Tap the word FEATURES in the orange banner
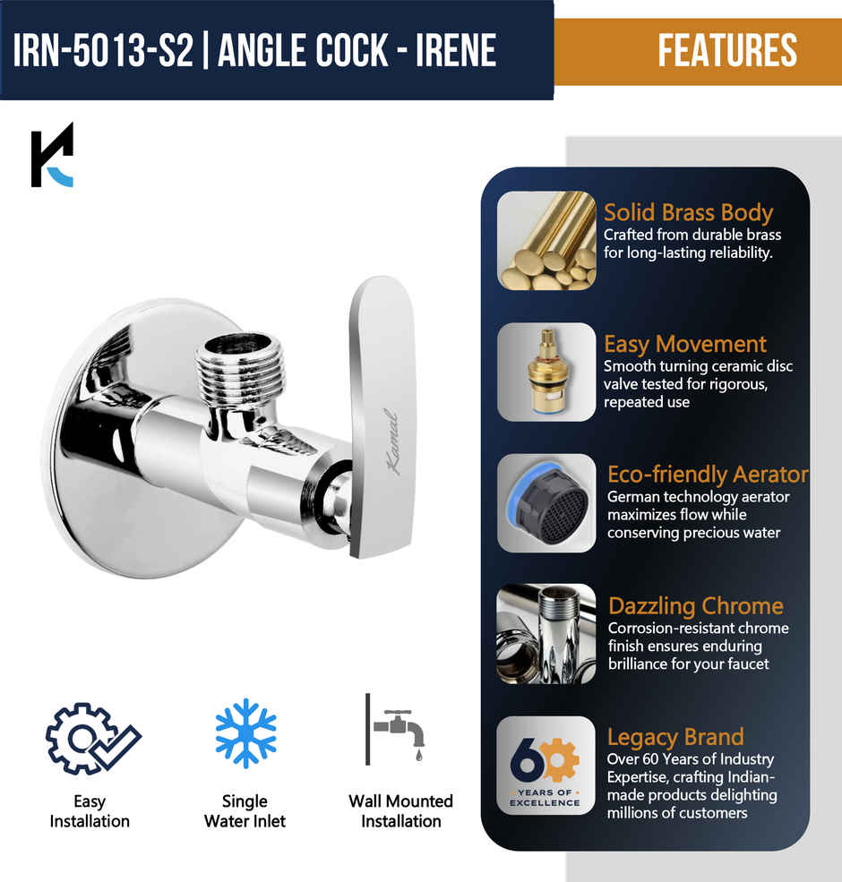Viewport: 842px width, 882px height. (727, 50)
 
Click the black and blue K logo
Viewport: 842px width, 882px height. (52, 155)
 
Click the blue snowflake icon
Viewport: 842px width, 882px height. (245, 733)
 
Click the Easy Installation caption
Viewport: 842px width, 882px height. (90, 811)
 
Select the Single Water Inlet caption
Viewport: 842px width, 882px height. (245, 811)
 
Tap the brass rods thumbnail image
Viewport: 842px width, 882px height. (546, 240)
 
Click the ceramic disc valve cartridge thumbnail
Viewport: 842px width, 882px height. (546, 372)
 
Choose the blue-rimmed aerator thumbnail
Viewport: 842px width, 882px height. (546, 502)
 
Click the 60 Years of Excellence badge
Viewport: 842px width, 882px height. (546, 765)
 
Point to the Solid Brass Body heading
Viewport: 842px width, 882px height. (688, 212)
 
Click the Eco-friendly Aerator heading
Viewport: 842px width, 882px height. (708, 474)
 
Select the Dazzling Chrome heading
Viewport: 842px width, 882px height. (696, 605)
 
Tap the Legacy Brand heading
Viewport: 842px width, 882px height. (675, 737)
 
